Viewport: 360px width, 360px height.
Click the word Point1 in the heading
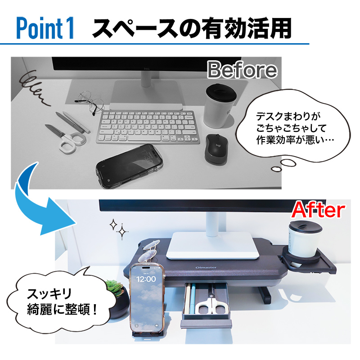[45, 28]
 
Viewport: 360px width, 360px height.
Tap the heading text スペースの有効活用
[191, 28]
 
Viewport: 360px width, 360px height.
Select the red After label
[319, 210]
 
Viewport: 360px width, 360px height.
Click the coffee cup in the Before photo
[220, 105]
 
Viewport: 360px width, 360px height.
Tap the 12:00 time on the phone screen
[146, 279]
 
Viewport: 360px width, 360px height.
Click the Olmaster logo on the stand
[206, 267]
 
